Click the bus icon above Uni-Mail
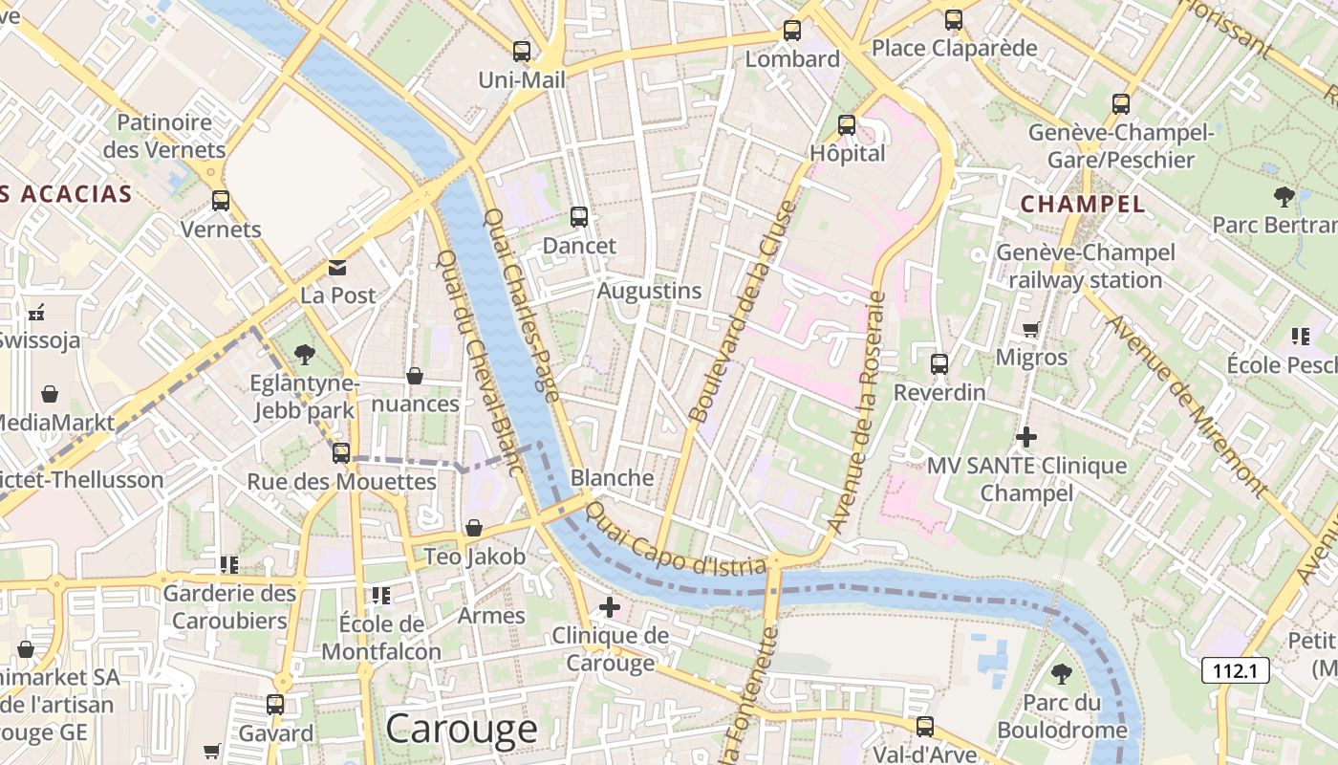tap(521, 52)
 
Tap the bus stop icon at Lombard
tap(792, 31)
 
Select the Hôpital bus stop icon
tap(847, 125)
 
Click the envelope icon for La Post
tap(337, 268)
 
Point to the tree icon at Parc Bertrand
tap(1284, 197)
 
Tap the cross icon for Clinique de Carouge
tap(609, 607)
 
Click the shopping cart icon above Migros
tap(1030, 330)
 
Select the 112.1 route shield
tap(1235, 670)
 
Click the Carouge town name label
tap(462, 729)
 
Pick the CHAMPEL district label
tap(1083, 204)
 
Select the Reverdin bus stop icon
tap(939, 364)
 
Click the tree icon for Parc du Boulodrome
tap(1061, 674)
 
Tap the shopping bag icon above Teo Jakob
tap(473, 528)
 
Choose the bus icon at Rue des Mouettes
tap(341, 453)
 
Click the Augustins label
tap(649, 291)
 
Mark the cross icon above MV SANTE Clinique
tap(1026, 438)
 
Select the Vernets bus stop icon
tap(221, 201)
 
